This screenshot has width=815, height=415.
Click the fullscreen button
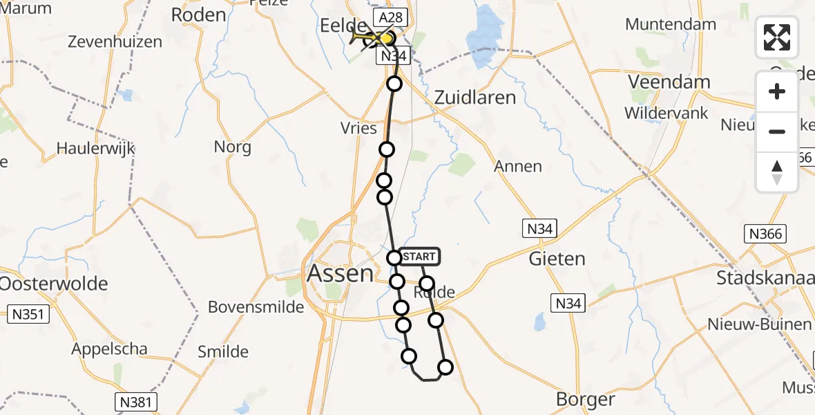[x=777, y=37]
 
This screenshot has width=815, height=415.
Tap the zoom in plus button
[x=777, y=91]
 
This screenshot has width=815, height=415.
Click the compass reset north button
[x=777, y=172]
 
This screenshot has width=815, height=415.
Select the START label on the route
[x=419, y=257]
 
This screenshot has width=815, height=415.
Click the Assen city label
[x=340, y=274]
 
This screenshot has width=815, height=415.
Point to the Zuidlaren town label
[x=475, y=98]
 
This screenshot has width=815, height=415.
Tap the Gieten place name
[x=557, y=259]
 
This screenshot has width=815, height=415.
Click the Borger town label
[x=585, y=399]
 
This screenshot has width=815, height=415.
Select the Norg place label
[x=233, y=147]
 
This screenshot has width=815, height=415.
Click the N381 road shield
[x=135, y=401]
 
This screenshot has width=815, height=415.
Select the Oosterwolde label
[x=54, y=284]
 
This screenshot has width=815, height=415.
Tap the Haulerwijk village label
[x=95, y=149]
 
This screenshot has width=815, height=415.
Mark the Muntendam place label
[x=670, y=24]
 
